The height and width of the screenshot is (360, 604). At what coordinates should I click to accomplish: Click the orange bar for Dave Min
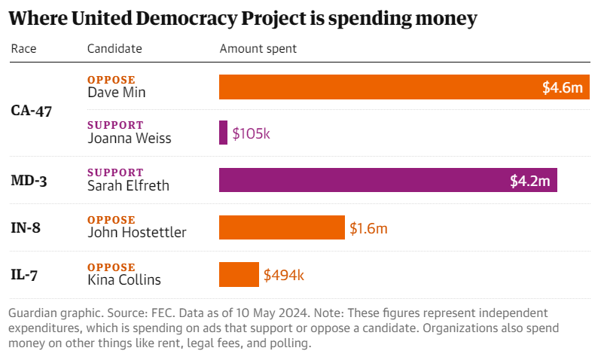377,87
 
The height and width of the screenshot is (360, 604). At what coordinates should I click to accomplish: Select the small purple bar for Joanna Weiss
223,133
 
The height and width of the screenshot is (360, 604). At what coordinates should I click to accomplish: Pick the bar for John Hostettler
282,227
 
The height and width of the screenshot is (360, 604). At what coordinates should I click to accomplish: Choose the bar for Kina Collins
239,275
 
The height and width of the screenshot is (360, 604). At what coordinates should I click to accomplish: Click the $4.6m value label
563,87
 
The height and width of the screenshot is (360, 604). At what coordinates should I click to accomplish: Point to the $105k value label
251,133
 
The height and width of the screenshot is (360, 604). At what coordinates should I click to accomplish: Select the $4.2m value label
530,181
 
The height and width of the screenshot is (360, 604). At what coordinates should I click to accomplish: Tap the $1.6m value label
368,227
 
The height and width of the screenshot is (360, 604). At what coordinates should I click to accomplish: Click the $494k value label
283,275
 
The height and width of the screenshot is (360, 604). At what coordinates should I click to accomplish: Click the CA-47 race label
31,110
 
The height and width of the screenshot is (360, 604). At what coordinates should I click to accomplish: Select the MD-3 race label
29,180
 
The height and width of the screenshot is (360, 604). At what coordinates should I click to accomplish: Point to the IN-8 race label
26,227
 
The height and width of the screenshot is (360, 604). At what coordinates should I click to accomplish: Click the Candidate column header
114,49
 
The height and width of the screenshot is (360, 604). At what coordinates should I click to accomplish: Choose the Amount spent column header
258,49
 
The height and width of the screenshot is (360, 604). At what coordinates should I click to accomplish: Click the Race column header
23,49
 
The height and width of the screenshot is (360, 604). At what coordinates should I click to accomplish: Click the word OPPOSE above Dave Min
111,80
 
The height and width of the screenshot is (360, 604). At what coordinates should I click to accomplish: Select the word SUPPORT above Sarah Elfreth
115,172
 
